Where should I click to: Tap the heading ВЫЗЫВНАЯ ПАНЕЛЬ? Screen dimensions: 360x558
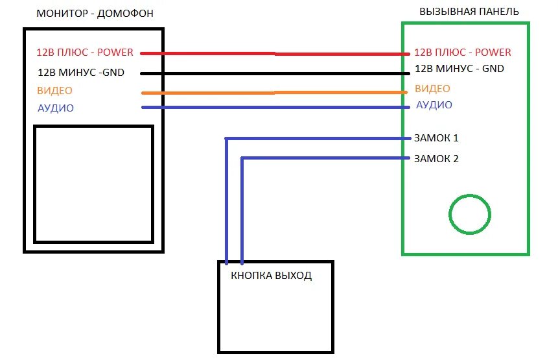click(469, 12)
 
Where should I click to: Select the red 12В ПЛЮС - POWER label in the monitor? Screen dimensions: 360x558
click(86, 53)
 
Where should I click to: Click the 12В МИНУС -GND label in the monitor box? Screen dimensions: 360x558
click(81, 72)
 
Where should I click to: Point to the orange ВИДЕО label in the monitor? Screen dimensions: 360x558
click(55, 90)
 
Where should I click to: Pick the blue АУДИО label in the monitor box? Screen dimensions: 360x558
click(56, 108)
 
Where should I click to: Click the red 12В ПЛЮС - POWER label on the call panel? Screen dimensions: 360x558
click(462, 52)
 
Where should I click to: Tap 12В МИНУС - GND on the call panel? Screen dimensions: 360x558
click(459, 68)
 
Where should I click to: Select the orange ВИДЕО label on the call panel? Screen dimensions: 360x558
click(432, 88)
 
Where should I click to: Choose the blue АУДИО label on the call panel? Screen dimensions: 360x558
click(434, 104)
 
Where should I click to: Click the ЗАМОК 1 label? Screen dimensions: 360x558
click(436, 138)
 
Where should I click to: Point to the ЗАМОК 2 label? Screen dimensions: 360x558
click(436, 158)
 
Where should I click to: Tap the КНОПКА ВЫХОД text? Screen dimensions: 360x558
click(272, 276)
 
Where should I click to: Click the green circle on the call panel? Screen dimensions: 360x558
click(470, 214)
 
